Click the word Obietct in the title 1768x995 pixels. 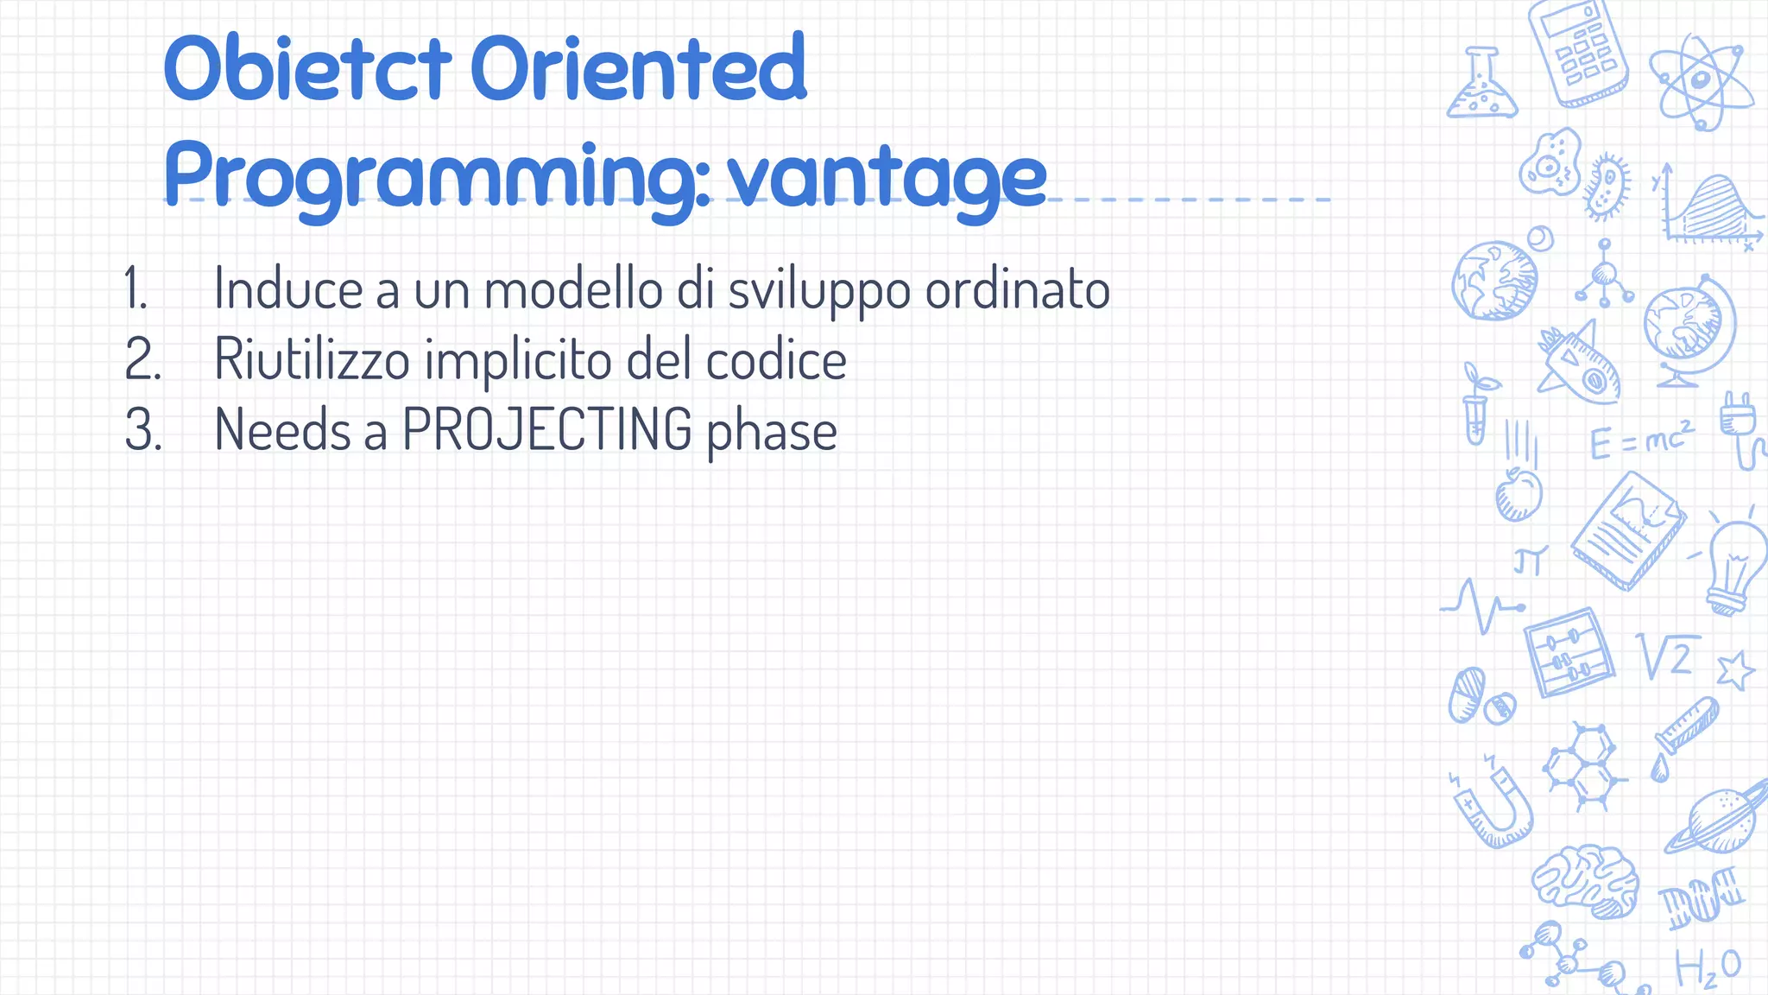(x=306, y=67)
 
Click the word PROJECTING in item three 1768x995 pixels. (x=547, y=429)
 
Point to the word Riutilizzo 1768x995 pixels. (x=312, y=359)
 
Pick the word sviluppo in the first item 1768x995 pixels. (x=818, y=289)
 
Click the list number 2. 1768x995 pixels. (x=142, y=359)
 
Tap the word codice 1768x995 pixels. (x=776, y=359)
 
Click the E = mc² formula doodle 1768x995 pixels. (x=1641, y=440)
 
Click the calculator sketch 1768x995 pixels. (x=1577, y=54)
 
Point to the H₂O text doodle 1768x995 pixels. (x=1707, y=968)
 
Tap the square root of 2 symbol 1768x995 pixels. (x=1667, y=657)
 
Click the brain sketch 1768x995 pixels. (x=1586, y=880)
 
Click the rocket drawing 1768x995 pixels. (x=1579, y=364)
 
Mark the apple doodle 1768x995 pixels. (x=1518, y=494)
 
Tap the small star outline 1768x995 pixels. (x=1734, y=670)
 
